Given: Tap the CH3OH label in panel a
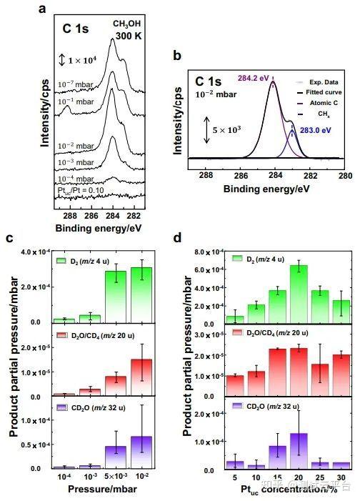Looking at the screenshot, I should [126, 24].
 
